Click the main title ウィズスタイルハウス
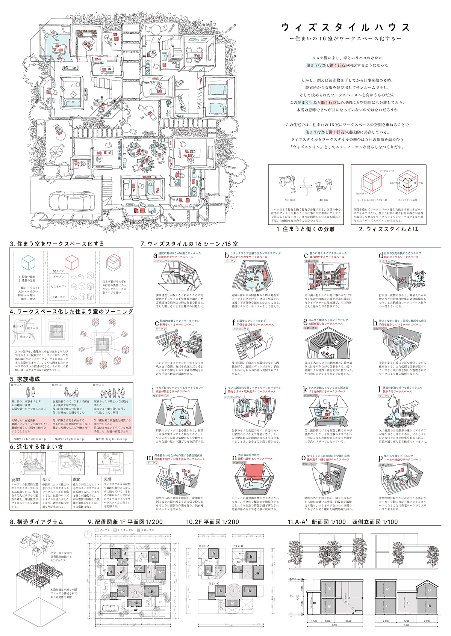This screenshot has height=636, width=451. pyautogui.click(x=346, y=27)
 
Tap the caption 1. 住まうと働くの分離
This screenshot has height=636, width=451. pyautogui.click(x=306, y=229)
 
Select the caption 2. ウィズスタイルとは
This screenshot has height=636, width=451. pyautogui.click(x=388, y=229)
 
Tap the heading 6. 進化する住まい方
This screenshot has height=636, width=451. pyautogui.click(x=36, y=447)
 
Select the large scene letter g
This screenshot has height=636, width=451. pyautogui.click(x=306, y=322)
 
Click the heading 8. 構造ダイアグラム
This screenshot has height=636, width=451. pyautogui.click(x=36, y=522)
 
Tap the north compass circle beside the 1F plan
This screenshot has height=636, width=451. pyautogui.click(x=87, y=533)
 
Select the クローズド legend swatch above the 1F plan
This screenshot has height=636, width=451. pyautogui.click(x=139, y=530)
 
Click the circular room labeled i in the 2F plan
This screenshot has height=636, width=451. pyautogui.click(x=235, y=591)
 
